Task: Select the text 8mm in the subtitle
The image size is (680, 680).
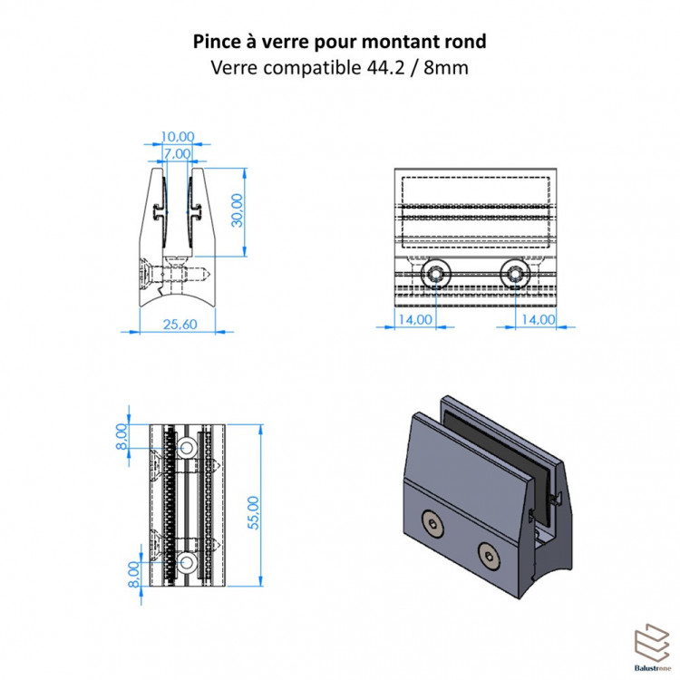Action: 446,68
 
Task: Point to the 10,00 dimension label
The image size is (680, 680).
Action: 178,137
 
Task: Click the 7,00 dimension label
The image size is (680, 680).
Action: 177,153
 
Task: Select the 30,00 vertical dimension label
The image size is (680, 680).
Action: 238,210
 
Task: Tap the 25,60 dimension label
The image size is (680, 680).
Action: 180,325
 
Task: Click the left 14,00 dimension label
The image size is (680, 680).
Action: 415,320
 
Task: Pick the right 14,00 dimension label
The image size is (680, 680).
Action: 539,320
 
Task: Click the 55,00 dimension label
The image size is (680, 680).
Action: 253,512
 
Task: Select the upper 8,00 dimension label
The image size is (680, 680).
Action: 121,437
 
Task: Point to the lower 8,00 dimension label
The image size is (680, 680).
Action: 134,574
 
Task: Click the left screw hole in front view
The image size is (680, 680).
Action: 435,274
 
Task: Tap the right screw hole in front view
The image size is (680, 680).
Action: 515,274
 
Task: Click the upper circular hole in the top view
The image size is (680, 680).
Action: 187,447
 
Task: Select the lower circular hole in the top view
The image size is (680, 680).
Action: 187,562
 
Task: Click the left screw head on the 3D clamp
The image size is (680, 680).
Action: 432,523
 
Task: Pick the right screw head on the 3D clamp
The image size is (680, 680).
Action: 490,556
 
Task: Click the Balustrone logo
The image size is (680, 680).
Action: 652,647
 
